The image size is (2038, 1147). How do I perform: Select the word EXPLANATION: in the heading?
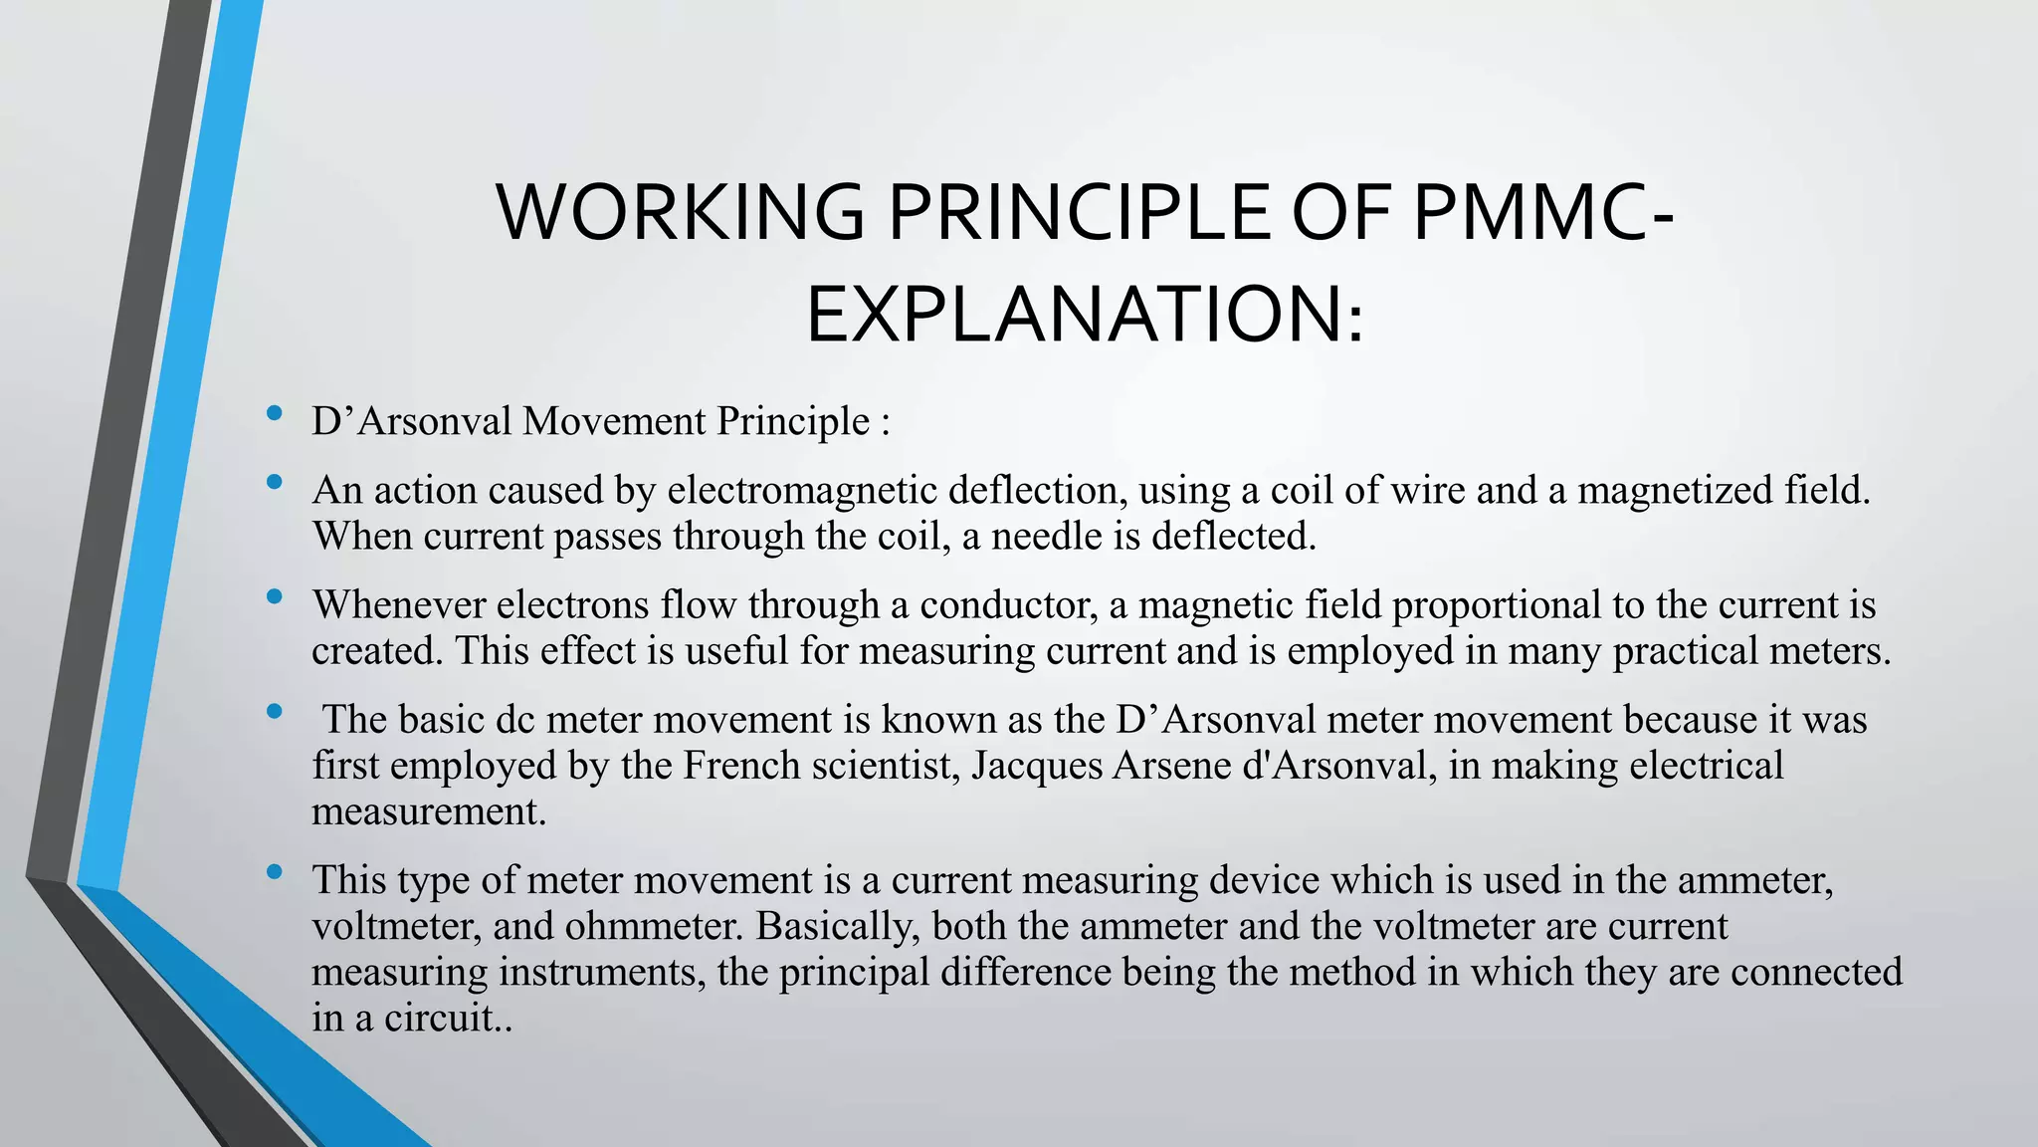(1085, 316)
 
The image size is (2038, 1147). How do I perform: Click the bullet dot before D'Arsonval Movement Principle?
(275, 414)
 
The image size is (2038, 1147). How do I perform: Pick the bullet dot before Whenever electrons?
(275, 597)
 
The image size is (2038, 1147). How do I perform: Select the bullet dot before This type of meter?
(275, 873)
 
